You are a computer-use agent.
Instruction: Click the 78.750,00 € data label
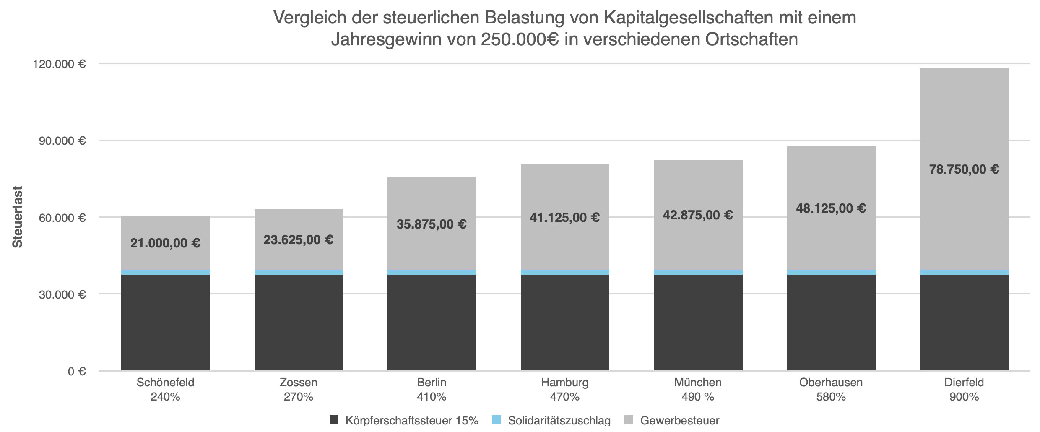point(964,169)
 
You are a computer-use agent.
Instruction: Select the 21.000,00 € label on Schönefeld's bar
point(165,243)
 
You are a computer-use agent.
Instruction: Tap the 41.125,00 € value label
point(564,218)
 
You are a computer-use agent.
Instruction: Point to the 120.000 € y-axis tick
point(59,64)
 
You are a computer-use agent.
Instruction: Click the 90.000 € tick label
point(62,141)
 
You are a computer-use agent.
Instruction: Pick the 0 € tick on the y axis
point(77,372)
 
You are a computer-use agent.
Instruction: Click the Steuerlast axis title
point(18,217)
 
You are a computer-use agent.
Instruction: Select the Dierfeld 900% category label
point(964,390)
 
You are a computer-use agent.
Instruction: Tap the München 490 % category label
point(698,390)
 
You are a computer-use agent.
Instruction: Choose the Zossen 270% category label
point(299,390)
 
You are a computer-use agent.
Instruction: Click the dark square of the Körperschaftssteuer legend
point(334,420)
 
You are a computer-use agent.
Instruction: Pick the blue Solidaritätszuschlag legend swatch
point(497,420)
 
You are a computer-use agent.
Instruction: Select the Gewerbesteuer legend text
point(679,421)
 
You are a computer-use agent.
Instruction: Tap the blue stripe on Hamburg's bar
point(564,272)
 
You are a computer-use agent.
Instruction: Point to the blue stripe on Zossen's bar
point(299,272)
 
